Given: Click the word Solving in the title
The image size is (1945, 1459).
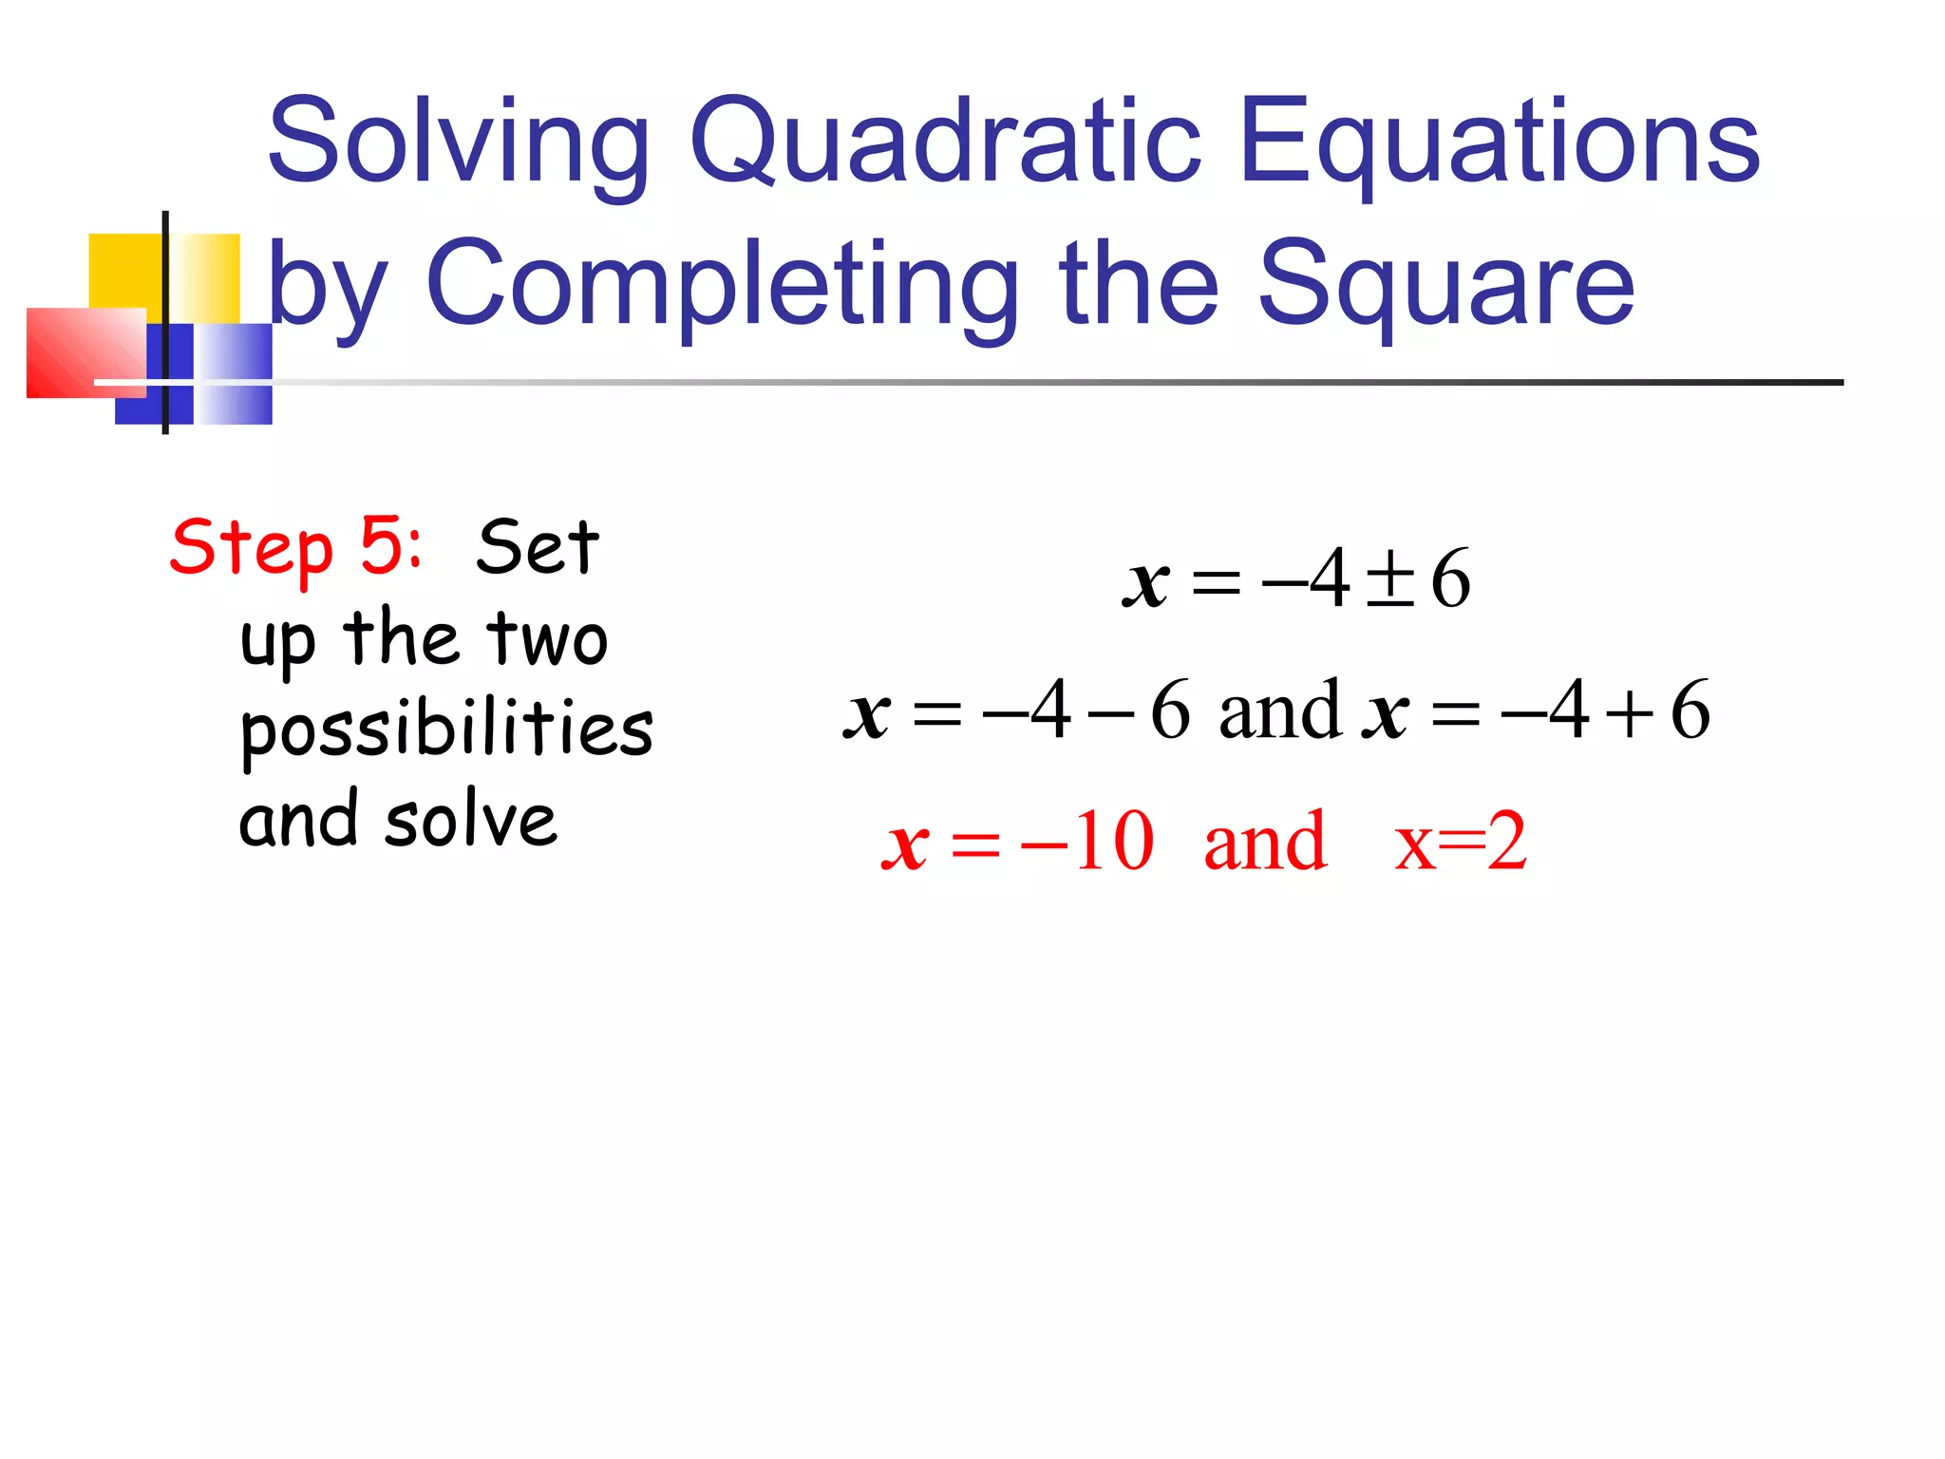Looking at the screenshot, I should [459, 142].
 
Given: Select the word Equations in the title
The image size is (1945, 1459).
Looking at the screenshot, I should [1500, 142].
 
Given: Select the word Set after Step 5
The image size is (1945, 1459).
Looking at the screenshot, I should [538, 548].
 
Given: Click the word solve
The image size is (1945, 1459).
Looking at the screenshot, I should [471, 821].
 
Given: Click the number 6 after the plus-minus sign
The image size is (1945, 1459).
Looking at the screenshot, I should [1450, 578].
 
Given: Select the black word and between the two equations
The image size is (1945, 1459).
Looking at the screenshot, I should [1279, 711].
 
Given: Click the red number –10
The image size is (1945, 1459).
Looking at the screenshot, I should [1087, 842].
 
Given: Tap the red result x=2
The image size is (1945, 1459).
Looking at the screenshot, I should [1461, 842].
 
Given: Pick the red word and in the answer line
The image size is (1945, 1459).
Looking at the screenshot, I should [1265, 842].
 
